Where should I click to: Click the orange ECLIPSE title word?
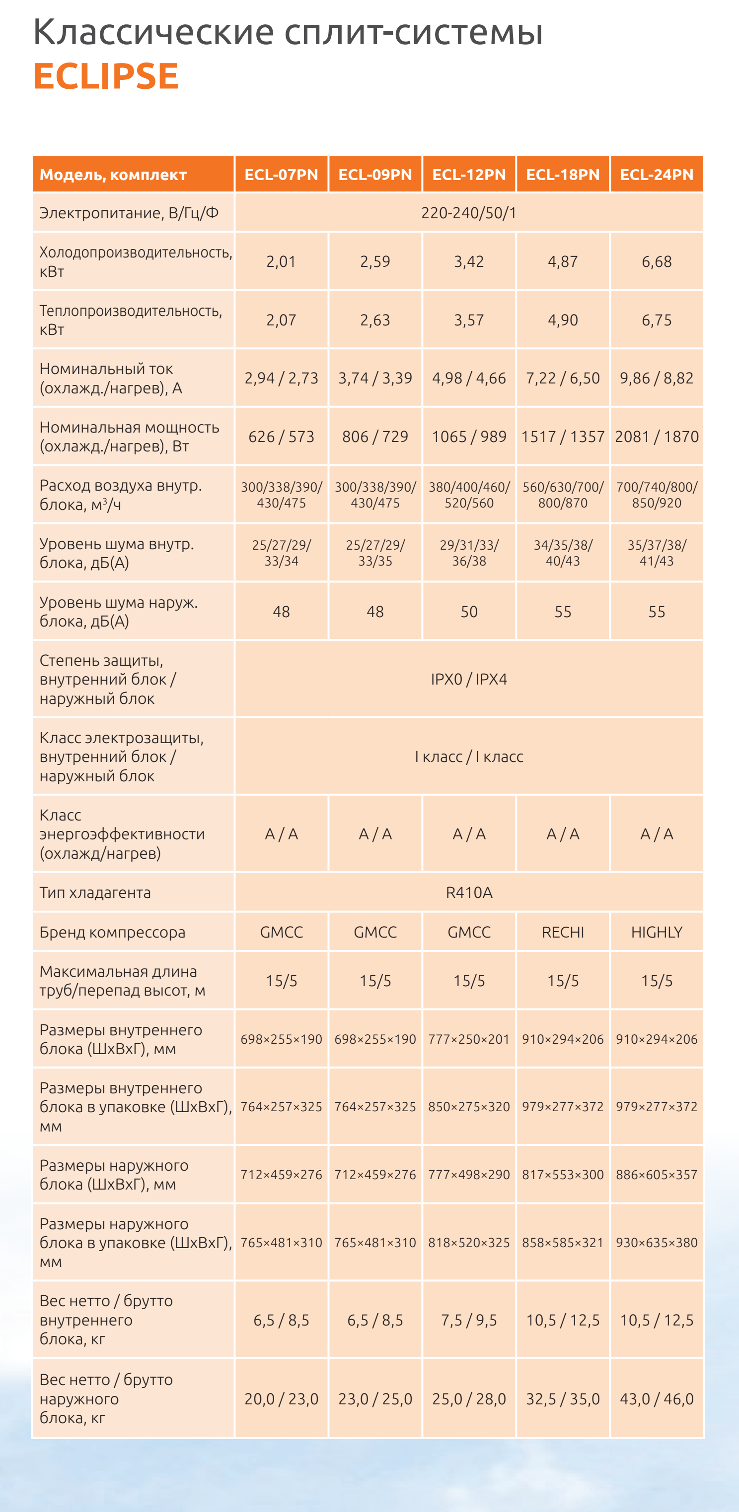[106, 76]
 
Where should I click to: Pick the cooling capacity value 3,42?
[469, 262]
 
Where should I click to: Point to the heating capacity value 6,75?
[656, 320]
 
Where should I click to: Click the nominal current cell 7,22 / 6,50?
[563, 378]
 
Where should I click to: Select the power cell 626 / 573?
[282, 437]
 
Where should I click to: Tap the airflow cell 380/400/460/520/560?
[469, 495]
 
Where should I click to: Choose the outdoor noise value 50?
[469, 612]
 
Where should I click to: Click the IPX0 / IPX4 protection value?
[469, 679]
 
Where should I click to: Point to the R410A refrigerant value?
[469, 893]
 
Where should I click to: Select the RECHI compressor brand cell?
[563, 932]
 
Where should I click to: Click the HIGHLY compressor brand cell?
[656, 932]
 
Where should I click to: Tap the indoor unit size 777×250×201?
[469, 1039]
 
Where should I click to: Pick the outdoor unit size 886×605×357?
[656, 1175]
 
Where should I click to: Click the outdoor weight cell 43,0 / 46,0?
[656, 1399]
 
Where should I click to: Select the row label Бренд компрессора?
[112, 932]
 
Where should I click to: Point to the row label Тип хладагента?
[95, 893]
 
